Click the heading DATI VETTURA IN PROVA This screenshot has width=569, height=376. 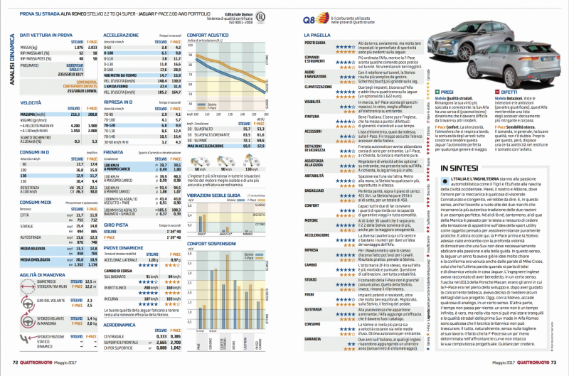(x=46, y=34)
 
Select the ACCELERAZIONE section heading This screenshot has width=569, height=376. (x=122, y=34)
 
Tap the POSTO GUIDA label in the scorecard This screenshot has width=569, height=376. (x=315, y=43)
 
